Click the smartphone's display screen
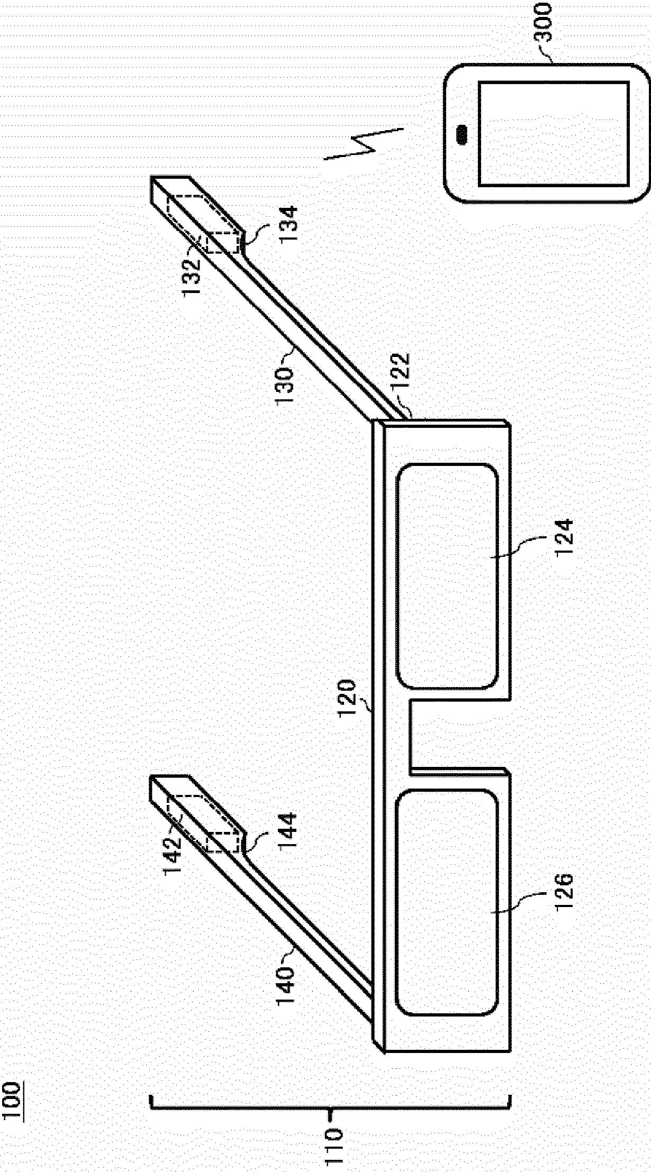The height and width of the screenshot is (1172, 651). pos(554,134)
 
